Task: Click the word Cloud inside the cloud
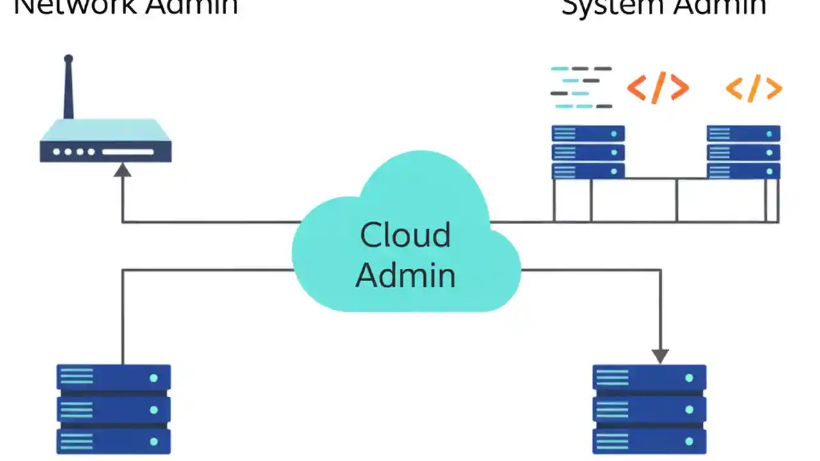[x=405, y=235]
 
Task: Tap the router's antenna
[x=69, y=86]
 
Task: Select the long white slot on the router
[x=128, y=152]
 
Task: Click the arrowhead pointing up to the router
[x=122, y=170]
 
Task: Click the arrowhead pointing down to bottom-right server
[x=660, y=355]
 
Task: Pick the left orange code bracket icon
[x=657, y=88]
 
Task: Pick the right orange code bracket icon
[x=754, y=88]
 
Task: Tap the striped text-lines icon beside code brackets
[x=581, y=87]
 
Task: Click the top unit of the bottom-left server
[x=113, y=378]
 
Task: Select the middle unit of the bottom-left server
[x=113, y=410]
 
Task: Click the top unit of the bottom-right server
[x=649, y=378]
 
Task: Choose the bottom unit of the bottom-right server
[x=649, y=441]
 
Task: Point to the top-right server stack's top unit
[x=743, y=134]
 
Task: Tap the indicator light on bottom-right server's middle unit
[x=689, y=410]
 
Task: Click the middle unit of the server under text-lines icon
[x=588, y=152]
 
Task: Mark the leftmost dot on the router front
[x=56, y=152]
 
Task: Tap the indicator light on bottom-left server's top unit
[x=153, y=378]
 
